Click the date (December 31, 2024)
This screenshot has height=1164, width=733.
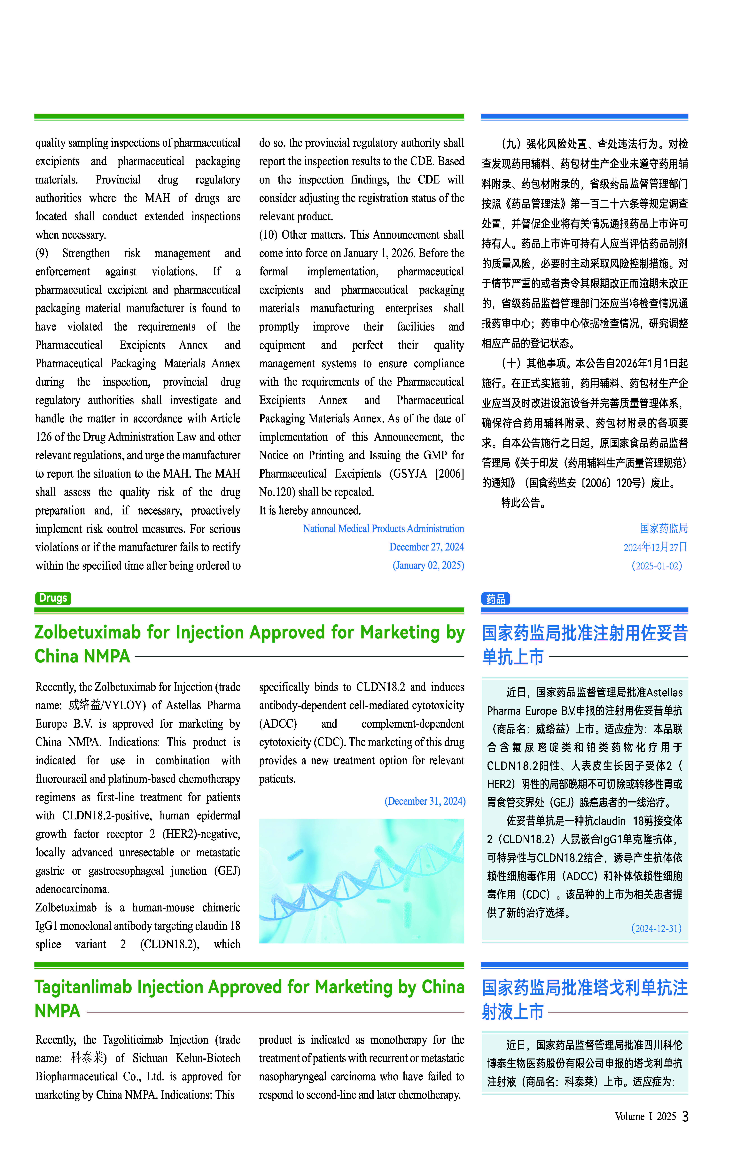[425, 801]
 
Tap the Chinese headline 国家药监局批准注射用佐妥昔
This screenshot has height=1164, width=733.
[585, 633]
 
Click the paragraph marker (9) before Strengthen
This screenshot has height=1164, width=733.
[42, 253]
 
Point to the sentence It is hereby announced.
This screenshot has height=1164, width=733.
[310, 511]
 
